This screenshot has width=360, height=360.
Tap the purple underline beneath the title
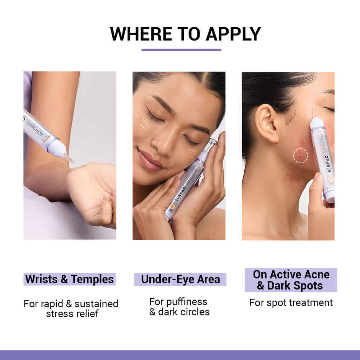[181, 50]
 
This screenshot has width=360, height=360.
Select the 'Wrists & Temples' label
[70, 279]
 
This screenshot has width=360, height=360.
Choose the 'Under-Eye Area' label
[180, 279]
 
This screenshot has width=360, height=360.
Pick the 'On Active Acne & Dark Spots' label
[291, 280]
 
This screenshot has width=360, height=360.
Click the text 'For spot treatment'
[291, 303]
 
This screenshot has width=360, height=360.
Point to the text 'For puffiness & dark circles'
[179, 306]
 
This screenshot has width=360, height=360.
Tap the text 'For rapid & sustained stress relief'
[71, 309]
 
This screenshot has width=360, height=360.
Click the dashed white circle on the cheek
[301, 156]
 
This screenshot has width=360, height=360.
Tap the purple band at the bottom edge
[180, 355]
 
